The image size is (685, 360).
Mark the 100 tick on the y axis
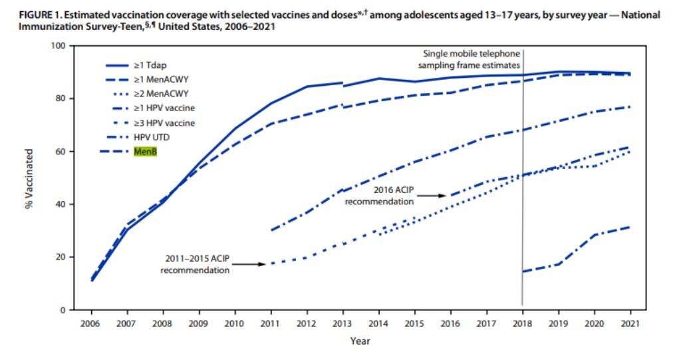click(59, 46)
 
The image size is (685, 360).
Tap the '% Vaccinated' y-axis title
click(29, 178)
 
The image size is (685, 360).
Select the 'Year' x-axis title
click(360, 341)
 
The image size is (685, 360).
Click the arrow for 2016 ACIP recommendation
click(432, 196)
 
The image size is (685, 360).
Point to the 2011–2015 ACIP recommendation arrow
click(249, 264)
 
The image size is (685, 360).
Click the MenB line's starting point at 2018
click(523, 271)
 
